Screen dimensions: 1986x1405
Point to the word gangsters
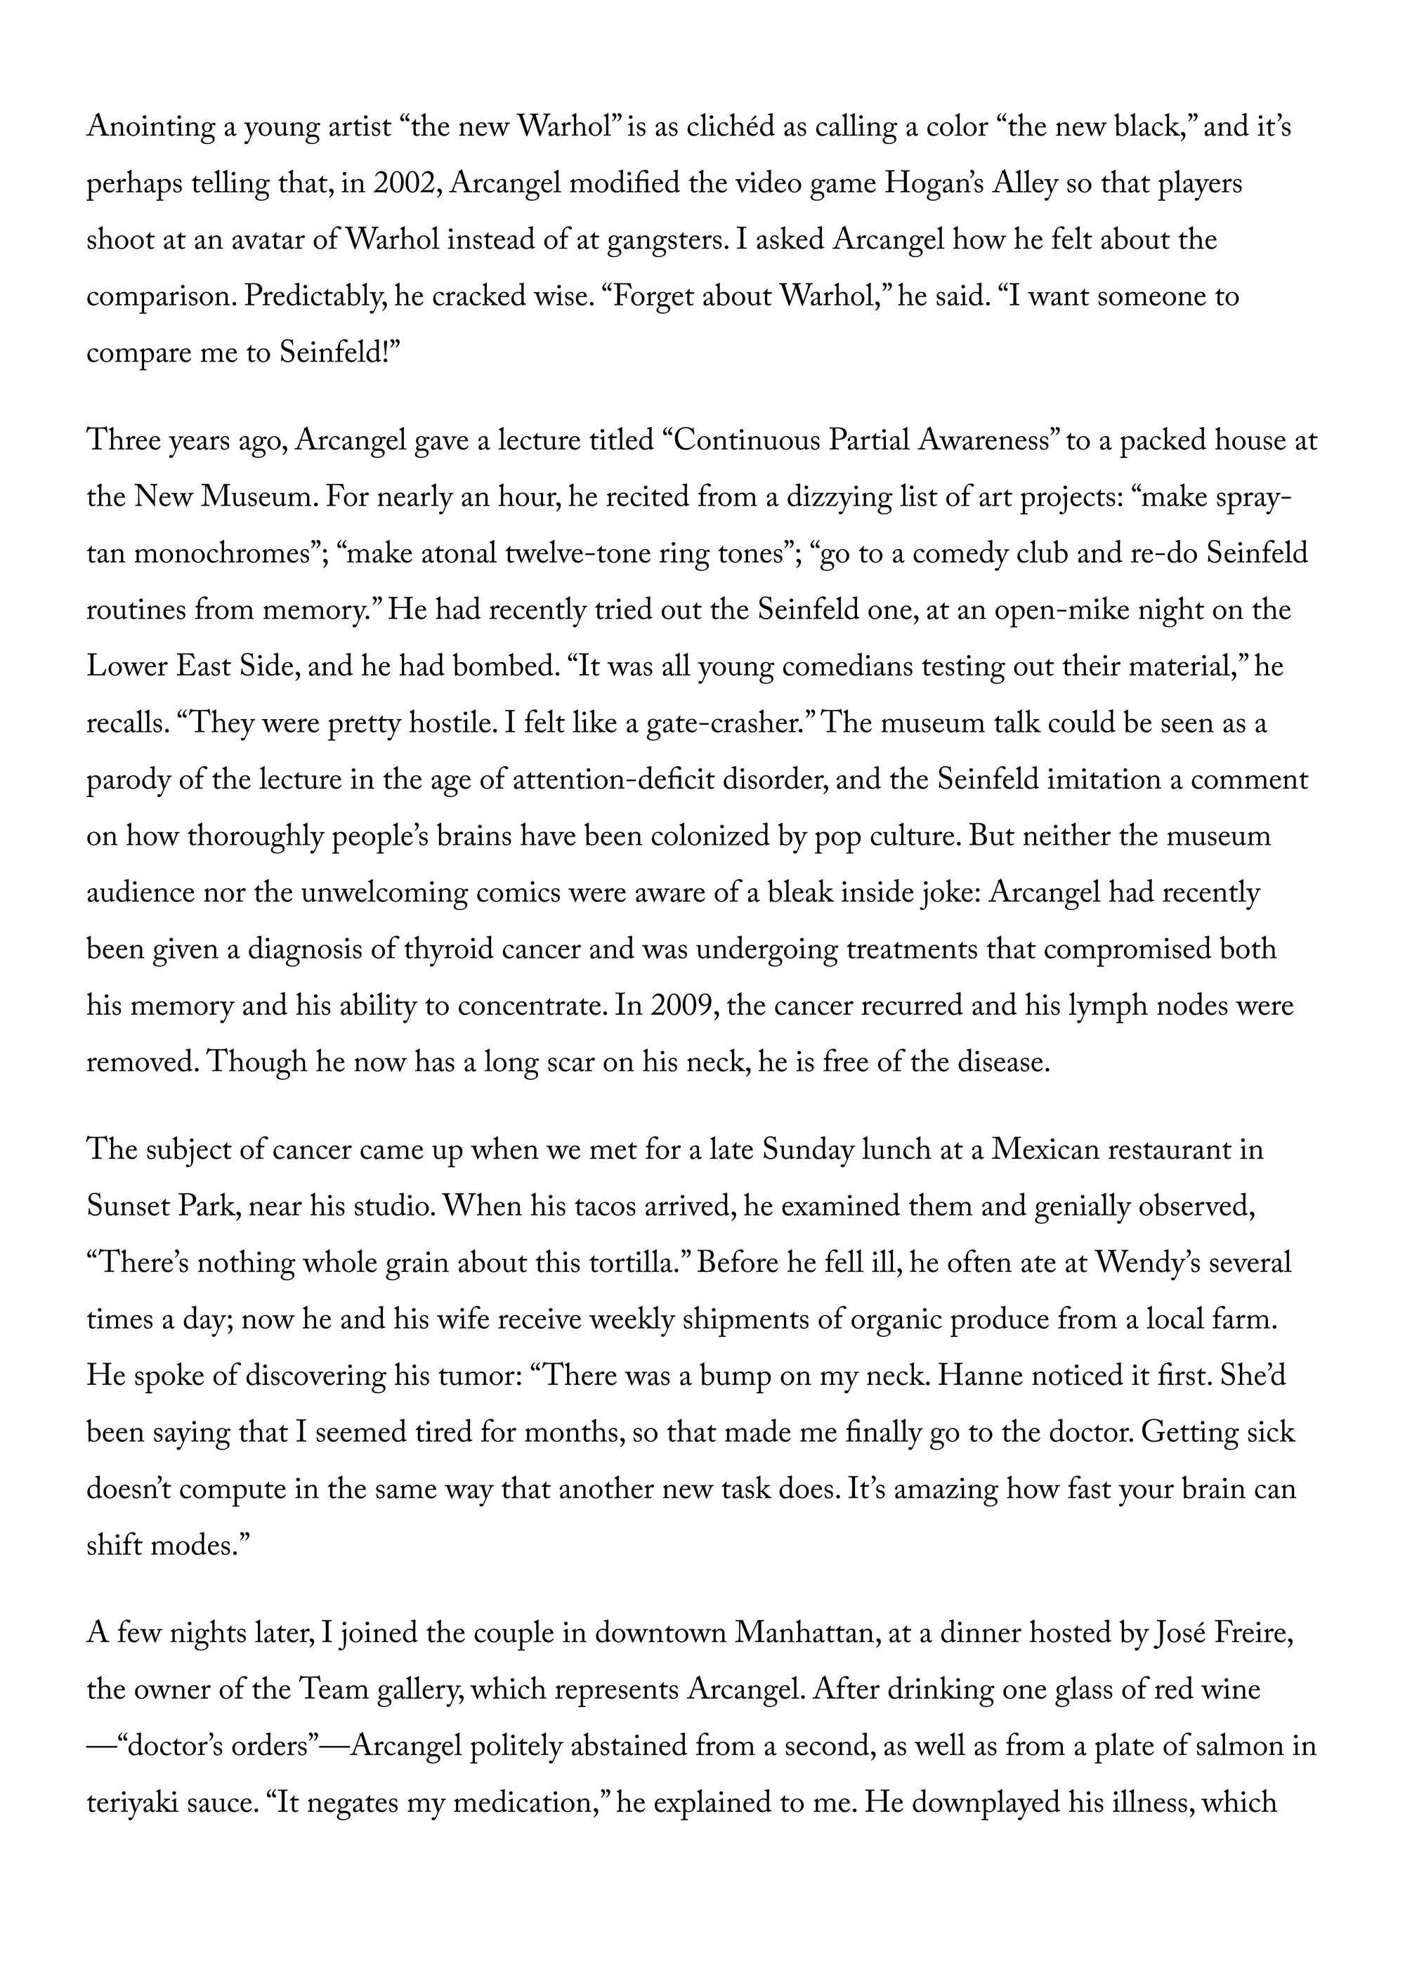tap(661, 240)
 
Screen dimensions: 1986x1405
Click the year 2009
tap(681, 1006)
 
